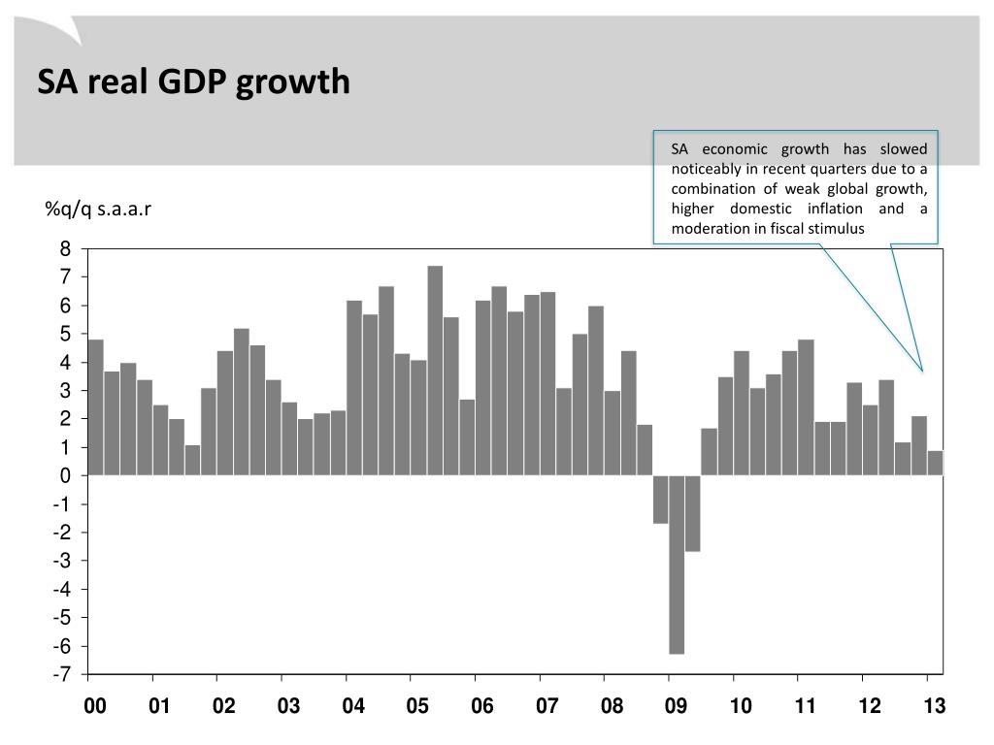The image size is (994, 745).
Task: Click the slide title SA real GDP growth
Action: click(193, 82)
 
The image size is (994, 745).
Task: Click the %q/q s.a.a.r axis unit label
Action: click(97, 210)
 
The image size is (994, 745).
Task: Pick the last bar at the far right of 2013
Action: click(936, 463)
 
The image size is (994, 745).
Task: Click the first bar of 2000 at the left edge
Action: click(95, 407)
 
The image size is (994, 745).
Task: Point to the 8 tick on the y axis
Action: click(66, 249)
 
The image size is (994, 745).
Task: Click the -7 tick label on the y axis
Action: click(62, 674)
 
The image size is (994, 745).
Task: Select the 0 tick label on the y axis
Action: click(66, 476)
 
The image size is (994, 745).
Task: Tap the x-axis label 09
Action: click(677, 706)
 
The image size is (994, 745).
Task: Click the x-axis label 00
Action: click(95, 706)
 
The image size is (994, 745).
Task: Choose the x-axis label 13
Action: click(934, 706)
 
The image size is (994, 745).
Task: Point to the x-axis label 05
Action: click(417, 706)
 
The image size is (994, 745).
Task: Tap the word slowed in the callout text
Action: click(904, 148)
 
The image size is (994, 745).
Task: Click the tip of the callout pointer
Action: click(922, 372)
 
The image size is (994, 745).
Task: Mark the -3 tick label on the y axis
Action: click(62, 561)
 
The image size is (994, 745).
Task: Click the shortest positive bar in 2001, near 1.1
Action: click(192, 460)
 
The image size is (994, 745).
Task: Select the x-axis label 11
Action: click(806, 706)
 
